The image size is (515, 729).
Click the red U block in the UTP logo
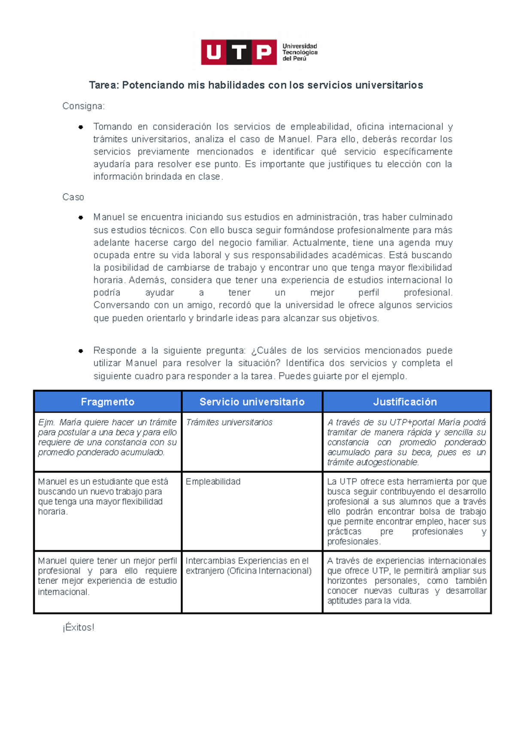click(214, 52)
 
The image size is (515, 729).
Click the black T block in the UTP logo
click(239, 52)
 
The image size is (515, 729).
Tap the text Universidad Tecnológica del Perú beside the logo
click(300, 52)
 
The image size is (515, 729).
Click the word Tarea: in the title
click(104, 85)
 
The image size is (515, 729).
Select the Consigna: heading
click(83, 106)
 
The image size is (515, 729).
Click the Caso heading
click(73, 197)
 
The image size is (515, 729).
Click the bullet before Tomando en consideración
click(80, 127)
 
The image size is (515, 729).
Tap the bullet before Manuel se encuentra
click(80, 218)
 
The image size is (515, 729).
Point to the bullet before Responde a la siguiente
click(80, 351)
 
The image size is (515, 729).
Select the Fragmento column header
click(108, 402)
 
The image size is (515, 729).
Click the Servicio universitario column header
click(252, 402)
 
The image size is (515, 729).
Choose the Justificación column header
click(405, 402)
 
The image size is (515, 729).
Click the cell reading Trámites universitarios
click(229, 422)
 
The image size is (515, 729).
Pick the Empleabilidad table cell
click(213, 482)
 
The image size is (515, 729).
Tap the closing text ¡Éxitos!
click(78, 627)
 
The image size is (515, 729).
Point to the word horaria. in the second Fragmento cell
click(52, 512)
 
